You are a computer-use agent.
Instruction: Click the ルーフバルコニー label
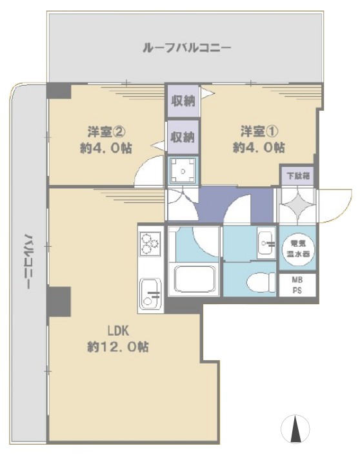click(x=185, y=48)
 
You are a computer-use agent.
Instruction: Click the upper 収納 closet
click(x=183, y=101)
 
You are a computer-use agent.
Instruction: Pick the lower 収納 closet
click(x=183, y=137)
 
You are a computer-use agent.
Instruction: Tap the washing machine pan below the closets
click(x=183, y=171)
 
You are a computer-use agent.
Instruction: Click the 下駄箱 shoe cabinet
click(x=297, y=175)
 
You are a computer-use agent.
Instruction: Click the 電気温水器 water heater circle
click(x=297, y=248)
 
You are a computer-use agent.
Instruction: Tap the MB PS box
click(x=297, y=284)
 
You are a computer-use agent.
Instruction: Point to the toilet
click(x=257, y=281)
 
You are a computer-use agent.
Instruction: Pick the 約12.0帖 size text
click(x=118, y=347)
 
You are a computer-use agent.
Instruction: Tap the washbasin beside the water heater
click(x=265, y=244)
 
